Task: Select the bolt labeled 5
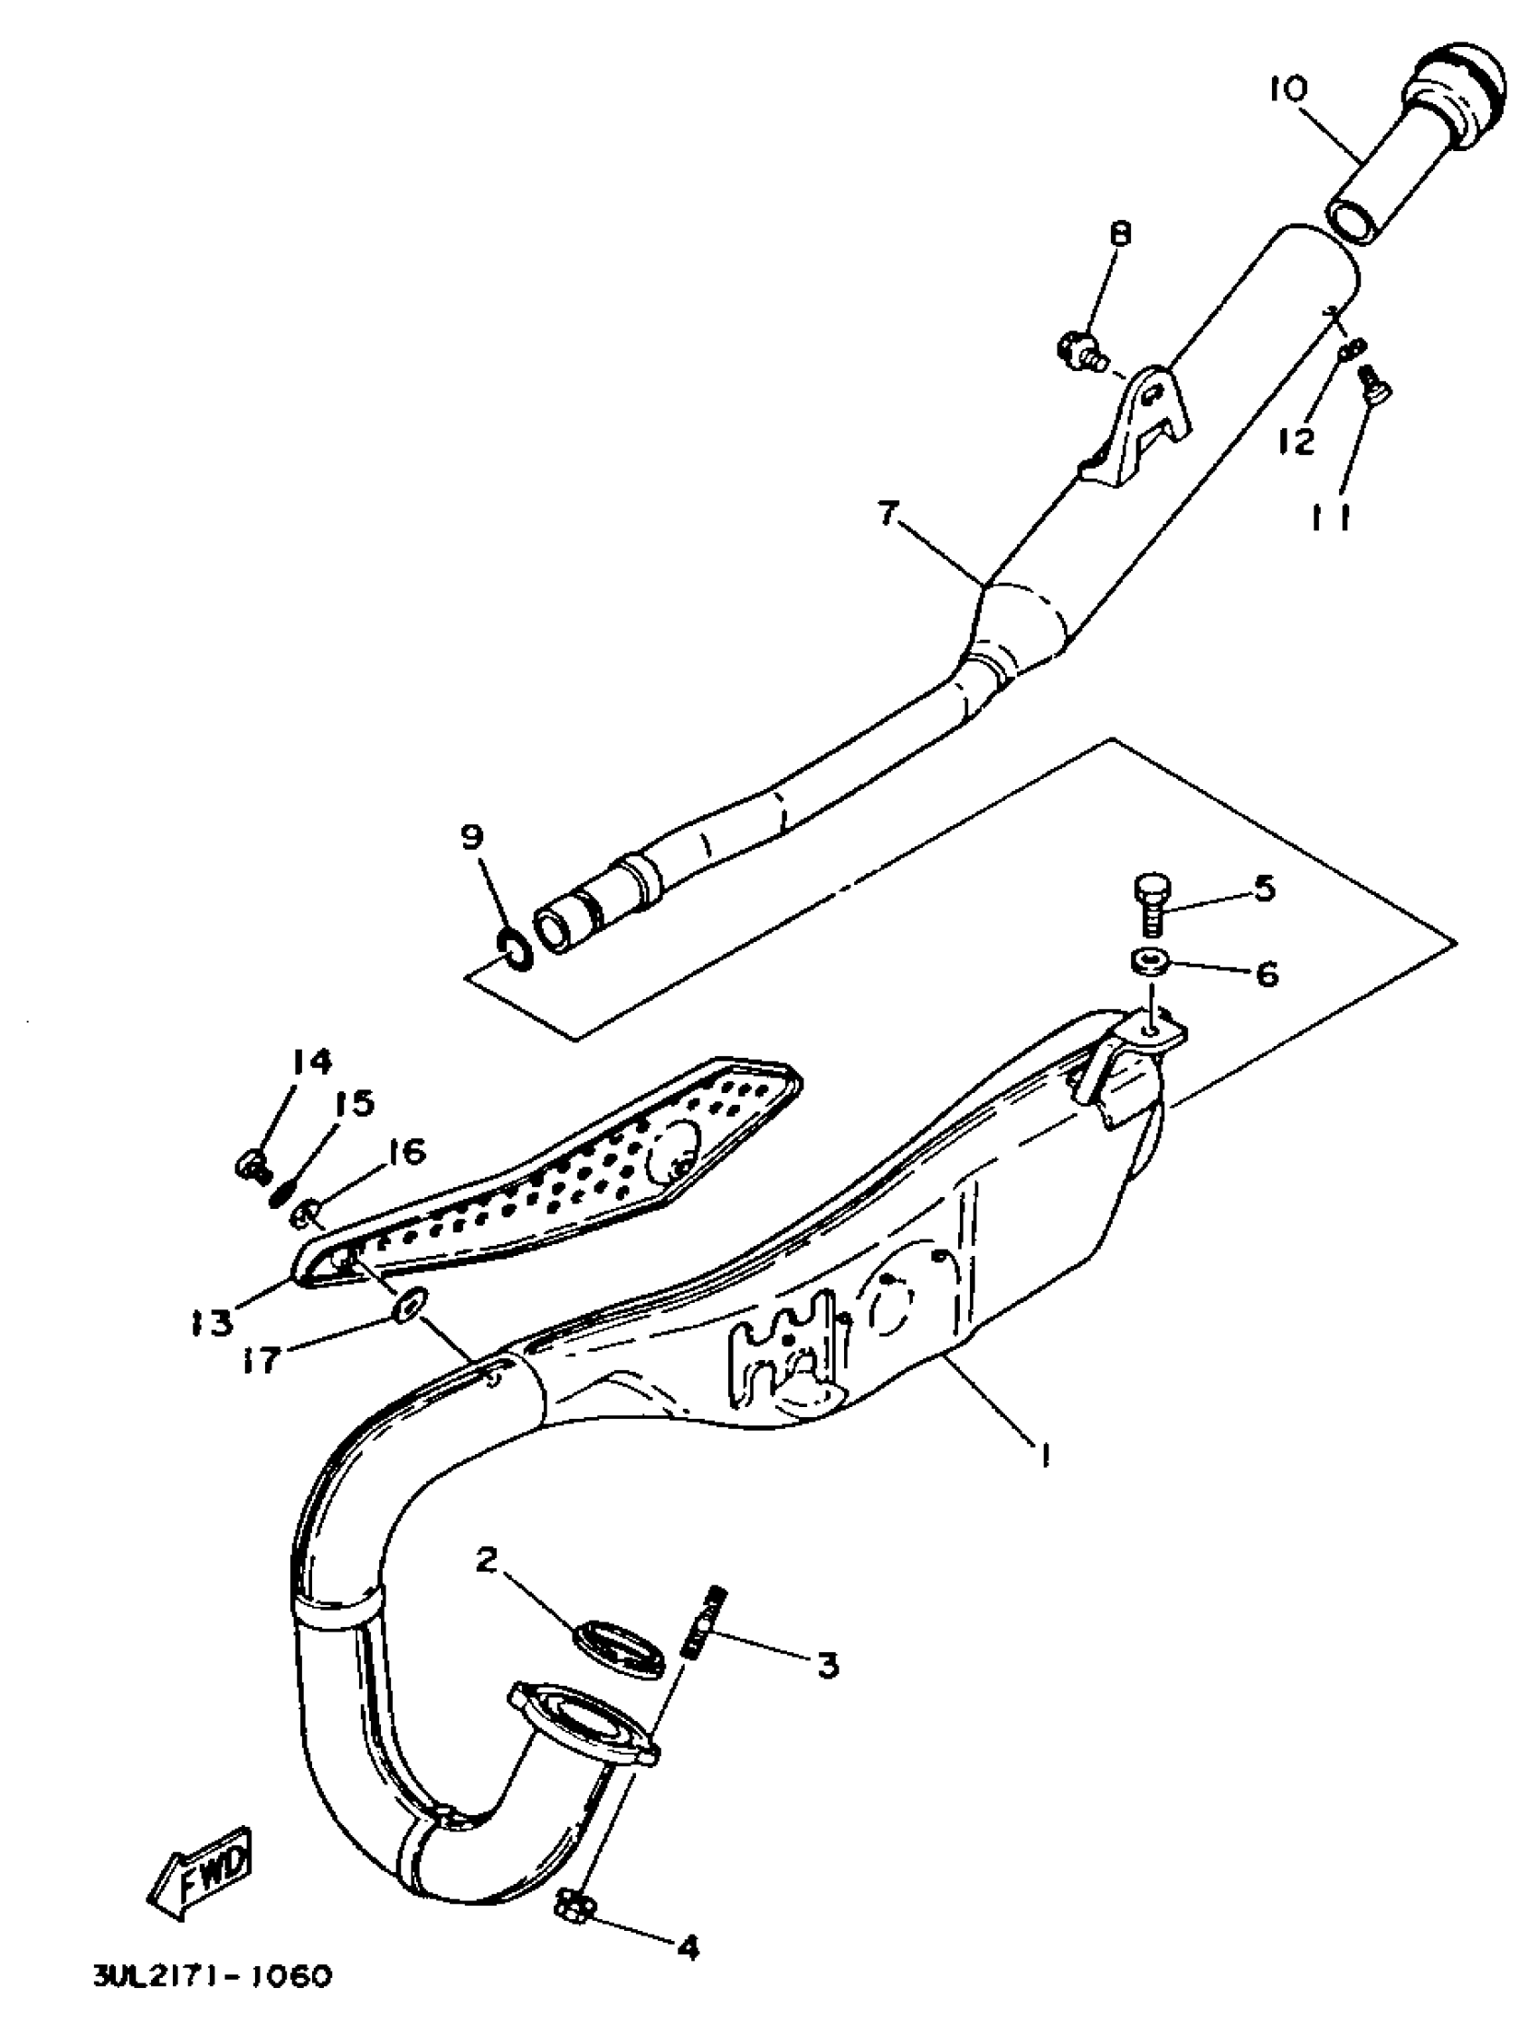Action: tap(1146, 901)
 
